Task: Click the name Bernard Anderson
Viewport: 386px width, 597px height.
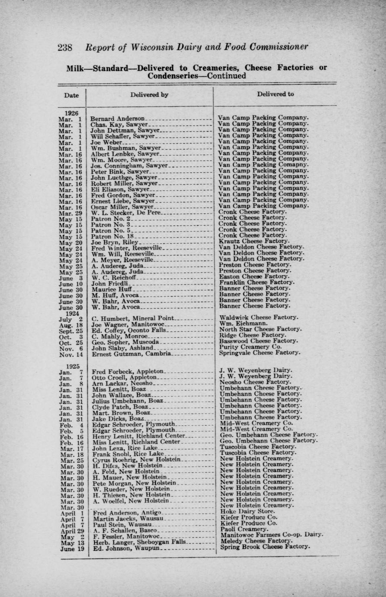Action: (x=117, y=119)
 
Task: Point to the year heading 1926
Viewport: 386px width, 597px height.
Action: (x=70, y=112)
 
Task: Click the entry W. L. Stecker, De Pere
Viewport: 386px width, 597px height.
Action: (x=125, y=212)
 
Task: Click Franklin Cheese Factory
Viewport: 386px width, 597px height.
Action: (x=257, y=282)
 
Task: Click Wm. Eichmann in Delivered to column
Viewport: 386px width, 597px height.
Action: (x=243, y=323)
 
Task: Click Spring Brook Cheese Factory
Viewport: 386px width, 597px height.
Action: (x=265, y=546)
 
